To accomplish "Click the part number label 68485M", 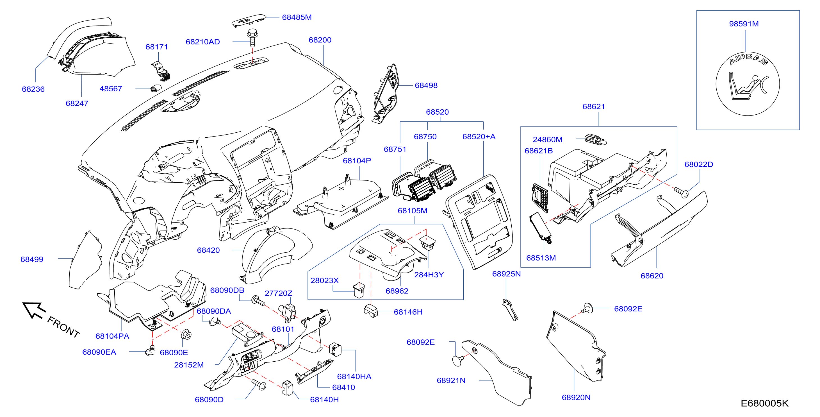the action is click(297, 17).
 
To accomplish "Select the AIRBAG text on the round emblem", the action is click(748, 60).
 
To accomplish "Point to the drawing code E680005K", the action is click(764, 403).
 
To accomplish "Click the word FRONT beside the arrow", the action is click(63, 327).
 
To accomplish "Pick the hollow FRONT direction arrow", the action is click(34, 310).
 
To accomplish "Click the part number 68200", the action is click(320, 40).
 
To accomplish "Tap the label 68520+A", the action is click(479, 137).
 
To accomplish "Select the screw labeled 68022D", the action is click(681, 192).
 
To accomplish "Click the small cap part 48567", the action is click(155, 88).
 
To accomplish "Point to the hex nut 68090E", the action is click(186, 335).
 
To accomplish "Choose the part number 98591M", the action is click(744, 24).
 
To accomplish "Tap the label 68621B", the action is click(538, 151).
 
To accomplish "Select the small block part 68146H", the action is click(371, 311).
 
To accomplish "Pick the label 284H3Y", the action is click(429, 275).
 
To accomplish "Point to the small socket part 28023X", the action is click(359, 290).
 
